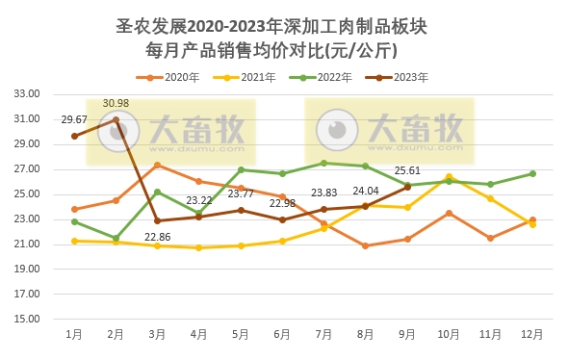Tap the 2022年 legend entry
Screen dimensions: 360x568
(329, 76)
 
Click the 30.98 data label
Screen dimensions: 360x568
(116, 103)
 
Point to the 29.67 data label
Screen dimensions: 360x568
(74, 119)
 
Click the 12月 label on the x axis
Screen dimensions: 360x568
(532, 334)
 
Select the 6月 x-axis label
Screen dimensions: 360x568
(282, 334)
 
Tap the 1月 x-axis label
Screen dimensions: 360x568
(74, 334)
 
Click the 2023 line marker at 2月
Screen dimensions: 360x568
(116, 120)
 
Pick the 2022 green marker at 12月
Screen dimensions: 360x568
(532, 173)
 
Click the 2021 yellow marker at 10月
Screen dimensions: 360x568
(449, 177)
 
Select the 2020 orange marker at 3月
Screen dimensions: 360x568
(157, 166)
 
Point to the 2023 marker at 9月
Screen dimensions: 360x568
(407, 187)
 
